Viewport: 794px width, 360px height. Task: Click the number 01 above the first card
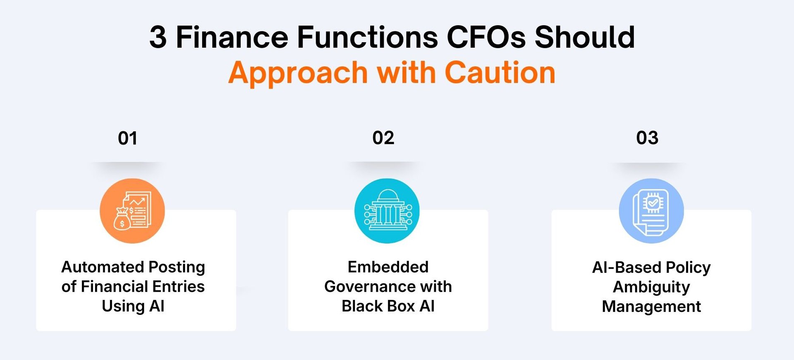[x=127, y=138]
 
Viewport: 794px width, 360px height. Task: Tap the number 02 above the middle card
[x=383, y=138]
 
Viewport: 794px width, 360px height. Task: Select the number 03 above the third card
[x=647, y=138]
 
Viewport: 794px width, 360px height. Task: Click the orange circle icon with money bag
[x=132, y=211]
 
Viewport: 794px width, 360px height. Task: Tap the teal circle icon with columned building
[x=387, y=211]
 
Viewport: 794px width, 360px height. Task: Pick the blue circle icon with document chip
[x=651, y=211]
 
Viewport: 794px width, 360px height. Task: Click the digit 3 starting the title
[x=158, y=38]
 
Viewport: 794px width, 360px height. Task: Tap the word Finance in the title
[x=232, y=38]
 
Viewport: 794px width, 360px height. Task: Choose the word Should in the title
[x=585, y=38]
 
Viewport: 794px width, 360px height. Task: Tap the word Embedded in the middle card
[x=388, y=267]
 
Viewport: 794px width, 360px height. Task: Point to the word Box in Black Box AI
[x=401, y=306]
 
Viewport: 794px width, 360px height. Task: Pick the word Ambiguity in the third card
[x=651, y=287]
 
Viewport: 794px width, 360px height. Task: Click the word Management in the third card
[x=651, y=307]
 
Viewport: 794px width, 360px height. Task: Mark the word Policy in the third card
[x=688, y=268]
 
